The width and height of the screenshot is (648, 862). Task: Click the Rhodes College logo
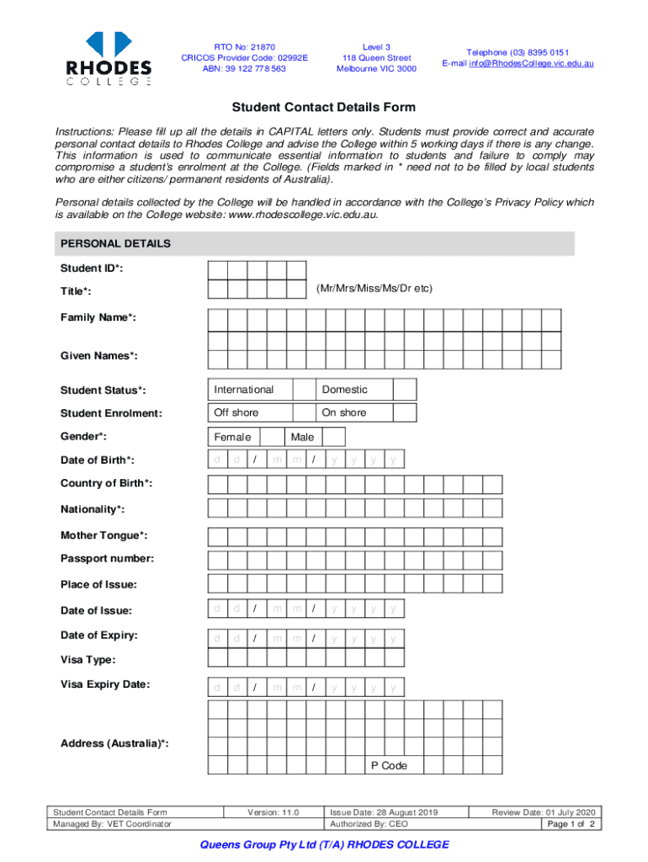coord(109,58)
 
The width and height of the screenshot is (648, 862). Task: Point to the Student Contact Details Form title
coord(324,108)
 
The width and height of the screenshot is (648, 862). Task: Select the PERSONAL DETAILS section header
coord(115,244)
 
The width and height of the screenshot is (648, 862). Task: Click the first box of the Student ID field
coord(217,269)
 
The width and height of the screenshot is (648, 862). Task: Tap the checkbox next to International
coord(303,390)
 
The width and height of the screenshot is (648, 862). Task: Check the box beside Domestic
coord(406,390)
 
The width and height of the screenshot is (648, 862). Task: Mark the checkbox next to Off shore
coord(303,412)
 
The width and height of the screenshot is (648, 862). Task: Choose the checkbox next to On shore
coord(406,412)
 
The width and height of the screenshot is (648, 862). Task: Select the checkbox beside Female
coord(271,437)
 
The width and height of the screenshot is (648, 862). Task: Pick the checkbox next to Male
coord(333,437)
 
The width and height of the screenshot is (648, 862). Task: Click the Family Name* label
coord(98,317)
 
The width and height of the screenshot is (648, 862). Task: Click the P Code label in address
coord(389,766)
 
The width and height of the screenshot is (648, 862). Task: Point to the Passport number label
coord(107,559)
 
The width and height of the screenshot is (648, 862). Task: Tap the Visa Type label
coord(88,660)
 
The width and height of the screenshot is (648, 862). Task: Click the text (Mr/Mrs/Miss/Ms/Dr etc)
coord(374,289)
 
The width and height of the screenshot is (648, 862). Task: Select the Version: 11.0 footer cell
coord(274,812)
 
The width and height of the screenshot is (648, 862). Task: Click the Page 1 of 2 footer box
coord(571,824)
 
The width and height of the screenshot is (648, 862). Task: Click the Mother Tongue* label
coord(104,535)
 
